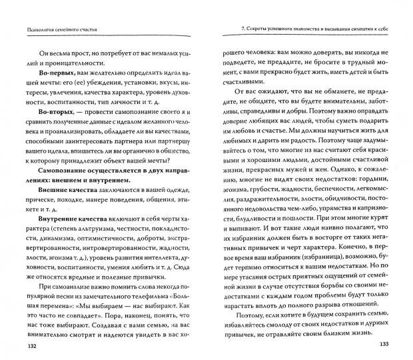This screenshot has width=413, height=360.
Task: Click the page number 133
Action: tap(386, 346)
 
